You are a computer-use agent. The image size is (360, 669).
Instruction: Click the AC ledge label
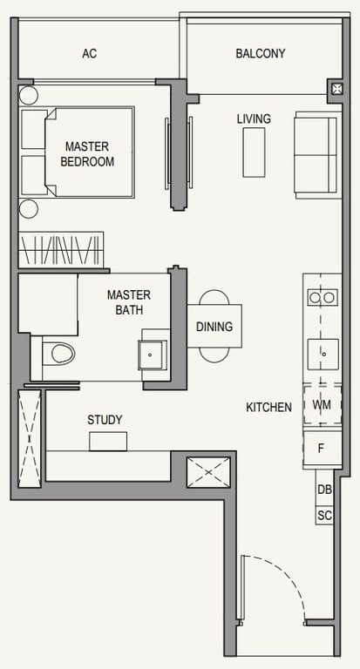click(x=90, y=54)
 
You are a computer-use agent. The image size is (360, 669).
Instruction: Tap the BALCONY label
click(x=261, y=54)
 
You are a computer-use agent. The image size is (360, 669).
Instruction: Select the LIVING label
click(x=255, y=119)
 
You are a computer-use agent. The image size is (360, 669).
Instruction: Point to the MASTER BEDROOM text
click(x=87, y=154)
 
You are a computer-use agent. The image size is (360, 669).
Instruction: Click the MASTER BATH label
click(x=129, y=302)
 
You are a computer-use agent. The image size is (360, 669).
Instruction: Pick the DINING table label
click(x=214, y=327)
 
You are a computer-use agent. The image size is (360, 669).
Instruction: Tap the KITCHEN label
click(x=269, y=408)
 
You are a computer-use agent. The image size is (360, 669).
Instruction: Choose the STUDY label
click(x=105, y=420)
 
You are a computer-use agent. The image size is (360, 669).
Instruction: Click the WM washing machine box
click(x=323, y=404)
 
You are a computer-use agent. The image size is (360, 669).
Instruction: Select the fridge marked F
click(x=323, y=449)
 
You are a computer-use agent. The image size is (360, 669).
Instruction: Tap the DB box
click(x=324, y=490)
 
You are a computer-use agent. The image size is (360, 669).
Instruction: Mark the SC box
click(x=324, y=516)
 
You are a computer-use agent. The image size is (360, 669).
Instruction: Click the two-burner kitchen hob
click(x=323, y=297)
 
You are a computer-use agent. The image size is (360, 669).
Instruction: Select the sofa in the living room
click(x=317, y=155)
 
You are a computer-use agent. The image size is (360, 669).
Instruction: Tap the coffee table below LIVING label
click(x=255, y=152)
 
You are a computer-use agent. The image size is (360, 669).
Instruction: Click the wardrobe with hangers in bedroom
click(x=61, y=250)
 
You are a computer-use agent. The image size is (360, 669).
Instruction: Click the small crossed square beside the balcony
click(x=336, y=89)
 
